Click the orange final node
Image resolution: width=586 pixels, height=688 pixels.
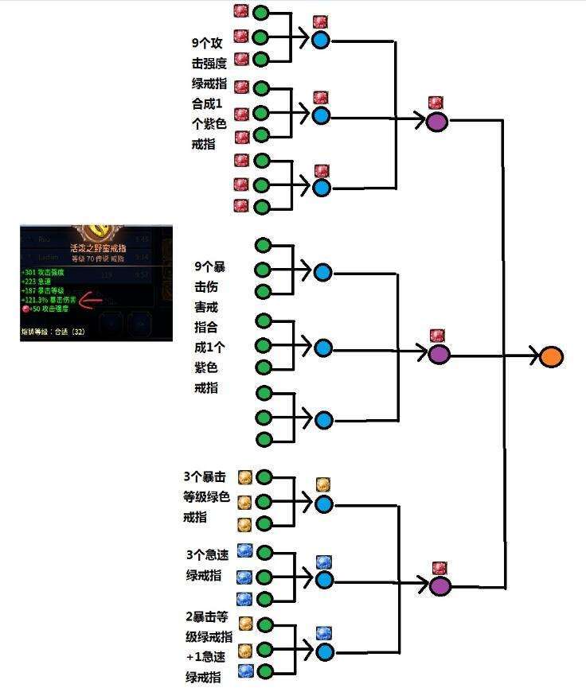(551, 357)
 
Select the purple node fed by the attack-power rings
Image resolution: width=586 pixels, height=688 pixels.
(436, 122)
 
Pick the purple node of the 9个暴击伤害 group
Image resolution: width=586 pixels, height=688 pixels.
(438, 354)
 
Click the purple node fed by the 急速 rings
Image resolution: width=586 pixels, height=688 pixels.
(439, 586)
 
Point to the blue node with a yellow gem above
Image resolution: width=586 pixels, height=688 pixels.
(323, 503)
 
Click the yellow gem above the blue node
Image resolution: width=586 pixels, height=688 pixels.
(322, 484)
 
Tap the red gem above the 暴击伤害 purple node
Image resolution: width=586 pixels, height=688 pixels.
(437, 336)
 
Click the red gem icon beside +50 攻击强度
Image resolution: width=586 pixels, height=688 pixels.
(26, 309)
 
